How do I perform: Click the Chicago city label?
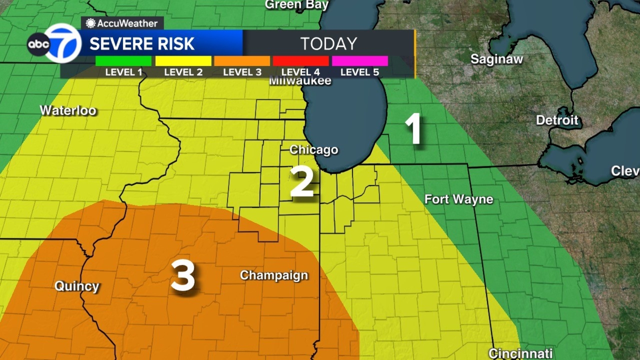coord(314,150)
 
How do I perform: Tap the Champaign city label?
coord(274,275)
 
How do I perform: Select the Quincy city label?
coord(76,286)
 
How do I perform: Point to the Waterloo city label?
coord(68,110)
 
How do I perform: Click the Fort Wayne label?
coord(458,199)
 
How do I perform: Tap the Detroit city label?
coord(557,120)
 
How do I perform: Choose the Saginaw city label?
coord(496,59)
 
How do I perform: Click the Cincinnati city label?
coord(520,354)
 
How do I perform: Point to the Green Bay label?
coord(296,5)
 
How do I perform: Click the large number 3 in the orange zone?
coord(183,276)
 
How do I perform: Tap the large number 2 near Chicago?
coord(302,182)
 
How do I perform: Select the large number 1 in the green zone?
coord(413,129)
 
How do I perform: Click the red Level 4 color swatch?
coord(301,61)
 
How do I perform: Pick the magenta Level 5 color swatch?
coord(360,61)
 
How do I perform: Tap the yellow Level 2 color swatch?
coord(183,61)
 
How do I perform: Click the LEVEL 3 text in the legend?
coord(242,72)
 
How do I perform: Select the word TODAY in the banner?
coord(328,44)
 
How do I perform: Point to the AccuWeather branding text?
coord(122,23)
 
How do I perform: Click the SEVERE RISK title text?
coord(142,44)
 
